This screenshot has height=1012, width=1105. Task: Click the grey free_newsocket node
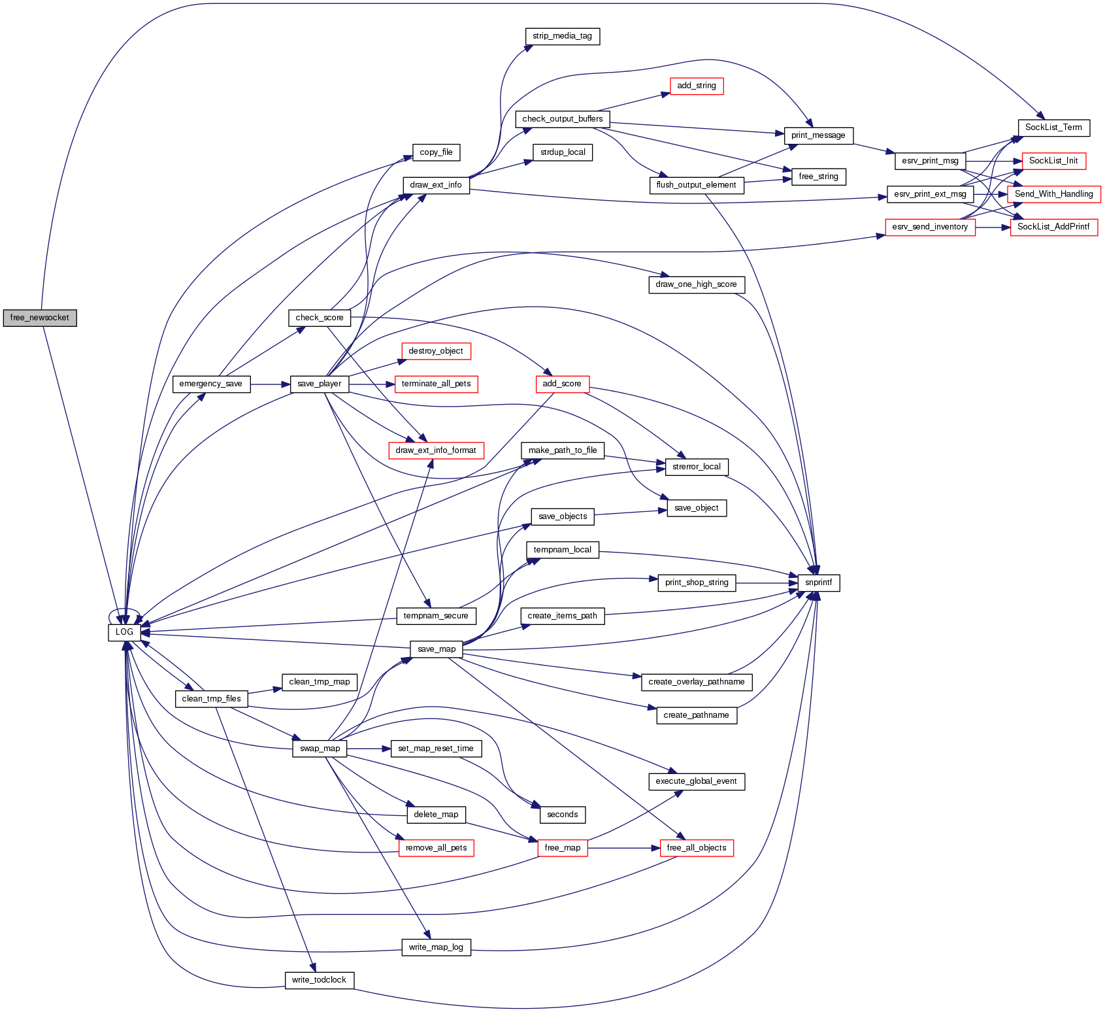point(40,318)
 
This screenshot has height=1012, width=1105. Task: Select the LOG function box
point(124,632)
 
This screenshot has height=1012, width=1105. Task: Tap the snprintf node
point(818,582)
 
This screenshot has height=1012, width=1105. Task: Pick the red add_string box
point(697,86)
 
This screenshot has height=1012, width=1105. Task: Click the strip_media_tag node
point(562,36)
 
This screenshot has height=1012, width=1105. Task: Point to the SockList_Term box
point(1053,127)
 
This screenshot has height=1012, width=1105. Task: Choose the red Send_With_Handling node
point(1053,194)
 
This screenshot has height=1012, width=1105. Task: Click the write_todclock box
point(319,980)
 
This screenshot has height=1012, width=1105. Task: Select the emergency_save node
point(210,384)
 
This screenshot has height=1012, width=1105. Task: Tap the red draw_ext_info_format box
point(436,450)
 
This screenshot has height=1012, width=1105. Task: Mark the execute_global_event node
point(696,781)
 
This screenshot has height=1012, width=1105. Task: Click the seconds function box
point(562,815)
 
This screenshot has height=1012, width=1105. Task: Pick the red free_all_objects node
point(696,848)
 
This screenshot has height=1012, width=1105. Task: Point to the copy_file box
point(436,152)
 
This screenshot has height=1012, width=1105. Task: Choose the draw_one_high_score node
point(696,284)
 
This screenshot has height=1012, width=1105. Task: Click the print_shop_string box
point(696,582)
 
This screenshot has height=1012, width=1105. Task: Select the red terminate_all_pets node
point(436,384)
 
